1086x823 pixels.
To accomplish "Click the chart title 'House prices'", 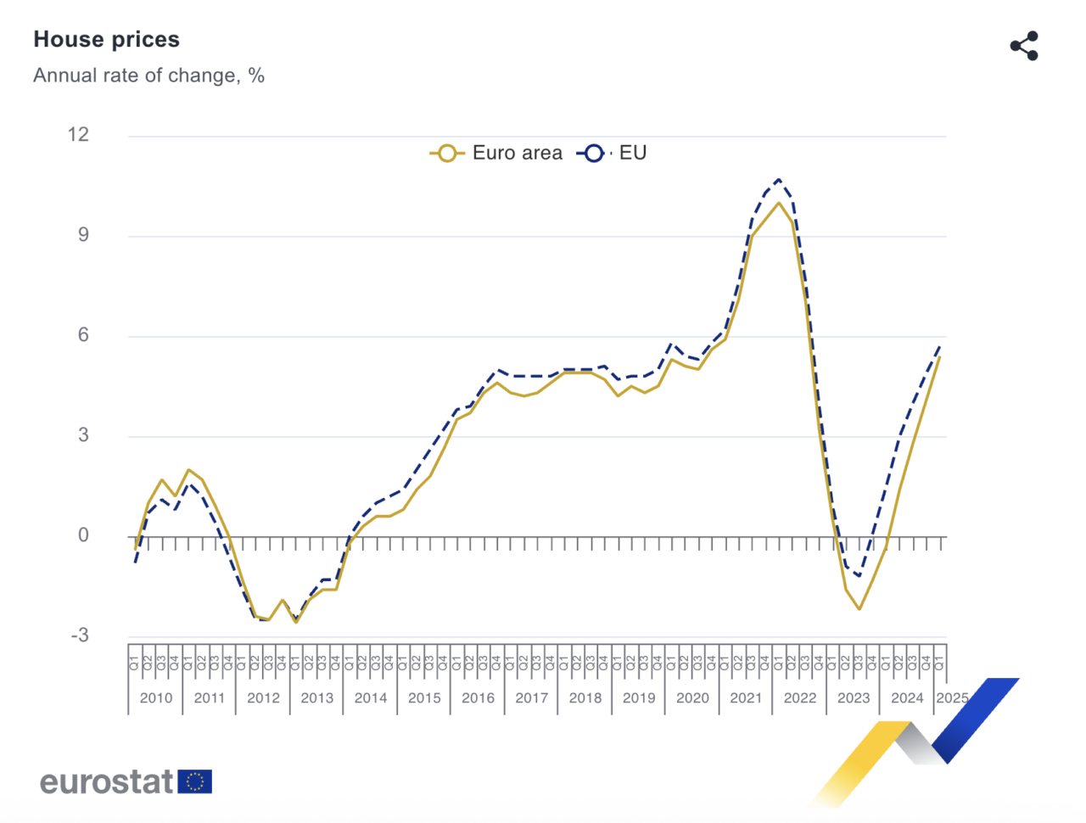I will (x=106, y=40).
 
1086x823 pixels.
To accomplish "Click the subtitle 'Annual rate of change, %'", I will (x=148, y=76).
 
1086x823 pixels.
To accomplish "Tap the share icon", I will (x=1024, y=46).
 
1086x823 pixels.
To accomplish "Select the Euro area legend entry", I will (x=497, y=153).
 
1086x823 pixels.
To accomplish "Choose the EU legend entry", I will (x=613, y=153).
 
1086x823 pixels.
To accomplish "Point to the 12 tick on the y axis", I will (x=78, y=134).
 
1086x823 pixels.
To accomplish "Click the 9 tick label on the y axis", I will (x=83, y=234).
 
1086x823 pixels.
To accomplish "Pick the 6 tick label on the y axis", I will (x=83, y=334).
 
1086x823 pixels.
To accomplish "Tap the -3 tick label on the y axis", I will (x=80, y=635).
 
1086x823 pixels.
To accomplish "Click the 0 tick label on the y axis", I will (x=83, y=535).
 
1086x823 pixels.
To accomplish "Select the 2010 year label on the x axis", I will (x=156, y=697).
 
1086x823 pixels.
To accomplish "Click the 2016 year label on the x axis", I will (x=478, y=697).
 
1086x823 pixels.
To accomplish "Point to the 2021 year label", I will (x=746, y=697).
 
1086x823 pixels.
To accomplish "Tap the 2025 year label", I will (x=952, y=697).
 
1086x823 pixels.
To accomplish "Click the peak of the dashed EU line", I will (x=779, y=180).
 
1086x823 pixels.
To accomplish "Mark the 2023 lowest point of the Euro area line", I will (x=859, y=608).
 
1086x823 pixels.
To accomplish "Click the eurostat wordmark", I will (x=107, y=781).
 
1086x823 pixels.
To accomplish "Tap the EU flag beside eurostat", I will (x=195, y=781).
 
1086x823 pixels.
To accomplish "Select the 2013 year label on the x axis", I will (x=316, y=697).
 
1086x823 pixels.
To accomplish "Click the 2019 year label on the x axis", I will (x=639, y=697).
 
